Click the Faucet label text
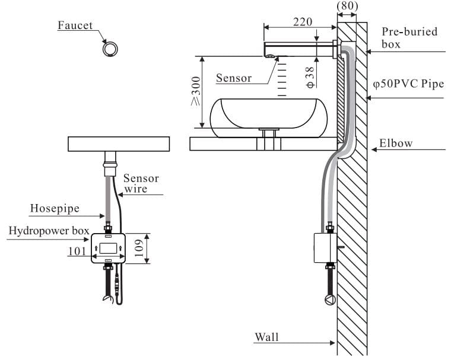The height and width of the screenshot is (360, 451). point(75,26)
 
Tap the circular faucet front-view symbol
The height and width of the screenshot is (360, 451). point(110,49)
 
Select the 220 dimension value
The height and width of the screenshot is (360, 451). point(303,23)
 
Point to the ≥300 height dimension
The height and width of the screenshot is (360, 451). point(195,91)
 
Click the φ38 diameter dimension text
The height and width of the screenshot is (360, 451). point(310,77)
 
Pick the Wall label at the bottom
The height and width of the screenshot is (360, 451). point(266,337)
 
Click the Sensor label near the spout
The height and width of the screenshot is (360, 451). point(233,78)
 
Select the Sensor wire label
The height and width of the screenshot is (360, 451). point(141,184)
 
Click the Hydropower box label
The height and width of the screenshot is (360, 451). point(49,231)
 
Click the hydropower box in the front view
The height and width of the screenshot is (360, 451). point(108,247)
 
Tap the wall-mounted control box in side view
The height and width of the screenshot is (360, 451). point(324,247)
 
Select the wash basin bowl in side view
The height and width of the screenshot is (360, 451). point(269,113)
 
